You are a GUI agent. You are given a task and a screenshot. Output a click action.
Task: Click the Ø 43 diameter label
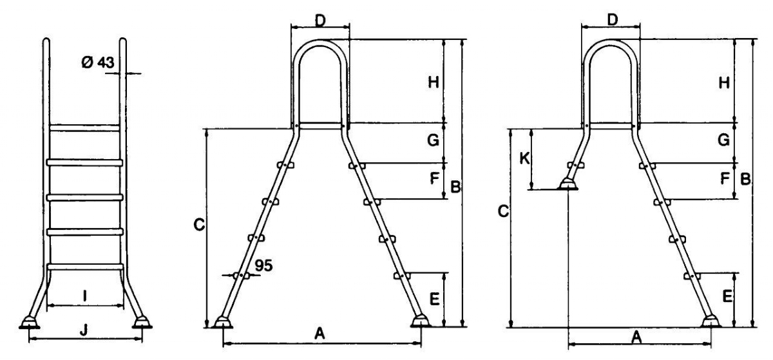pyautogui.click(x=98, y=62)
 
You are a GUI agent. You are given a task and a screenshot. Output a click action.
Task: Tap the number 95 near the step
pyautogui.click(x=263, y=265)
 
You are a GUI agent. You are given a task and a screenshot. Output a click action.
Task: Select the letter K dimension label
pyautogui.click(x=524, y=159)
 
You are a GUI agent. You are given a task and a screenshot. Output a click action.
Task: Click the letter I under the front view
pyautogui.click(x=85, y=296)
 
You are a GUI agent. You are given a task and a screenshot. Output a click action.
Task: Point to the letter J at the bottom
pyautogui.click(x=83, y=330)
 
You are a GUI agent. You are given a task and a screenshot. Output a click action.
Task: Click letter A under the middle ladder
pyautogui.click(x=320, y=334)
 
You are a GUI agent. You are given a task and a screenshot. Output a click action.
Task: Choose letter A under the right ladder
pyautogui.click(x=636, y=337)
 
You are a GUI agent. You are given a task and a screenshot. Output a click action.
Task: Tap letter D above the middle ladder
pyautogui.click(x=320, y=21)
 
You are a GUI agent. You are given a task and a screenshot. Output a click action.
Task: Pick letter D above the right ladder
pyautogui.click(x=612, y=21)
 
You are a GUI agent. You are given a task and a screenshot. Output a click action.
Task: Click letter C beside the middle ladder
pyautogui.click(x=199, y=225)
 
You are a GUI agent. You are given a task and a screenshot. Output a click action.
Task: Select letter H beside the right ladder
pyautogui.click(x=724, y=83)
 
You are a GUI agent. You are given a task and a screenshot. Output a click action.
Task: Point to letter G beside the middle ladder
pyautogui.click(x=433, y=140)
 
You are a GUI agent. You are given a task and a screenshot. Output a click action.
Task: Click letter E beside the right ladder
pyautogui.click(x=727, y=296)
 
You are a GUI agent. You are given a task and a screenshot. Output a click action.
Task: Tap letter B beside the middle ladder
pyautogui.click(x=455, y=187)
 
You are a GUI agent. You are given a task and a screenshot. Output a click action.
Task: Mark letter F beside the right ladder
pyautogui.click(x=725, y=178)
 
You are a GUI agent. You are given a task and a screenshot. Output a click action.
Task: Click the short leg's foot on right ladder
pyautogui.click(x=568, y=184)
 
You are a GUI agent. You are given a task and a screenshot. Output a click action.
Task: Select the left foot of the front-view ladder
pyautogui.click(x=30, y=323)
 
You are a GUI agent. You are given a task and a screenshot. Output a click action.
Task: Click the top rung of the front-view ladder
pyautogui.click(x=84, y=128)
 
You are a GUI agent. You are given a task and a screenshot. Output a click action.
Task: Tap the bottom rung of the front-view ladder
pyautogui.click(x=85, y=267)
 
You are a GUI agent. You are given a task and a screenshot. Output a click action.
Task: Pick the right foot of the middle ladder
pyautogui.click(x=421, y=321)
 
